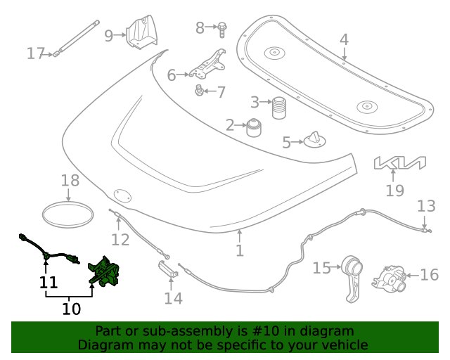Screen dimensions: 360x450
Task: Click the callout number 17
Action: [x=36, y=53]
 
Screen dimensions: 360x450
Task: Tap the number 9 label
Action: [x=109, y=35]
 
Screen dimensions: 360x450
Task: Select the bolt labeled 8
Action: [x=221, y=29]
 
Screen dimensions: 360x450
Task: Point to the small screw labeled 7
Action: [x=199, y=90]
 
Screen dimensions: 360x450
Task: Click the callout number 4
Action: [x=344, y=39]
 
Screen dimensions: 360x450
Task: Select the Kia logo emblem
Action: [x=399, y=163]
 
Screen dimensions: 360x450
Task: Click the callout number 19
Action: [x=395, y=190]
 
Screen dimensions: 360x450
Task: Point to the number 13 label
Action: [x=426, y=206]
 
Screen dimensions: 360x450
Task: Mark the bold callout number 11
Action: [x=48, y=283]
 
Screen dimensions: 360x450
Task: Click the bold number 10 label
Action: [x=72, y=308]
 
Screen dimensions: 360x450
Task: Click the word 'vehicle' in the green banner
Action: [x=344, y=345]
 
